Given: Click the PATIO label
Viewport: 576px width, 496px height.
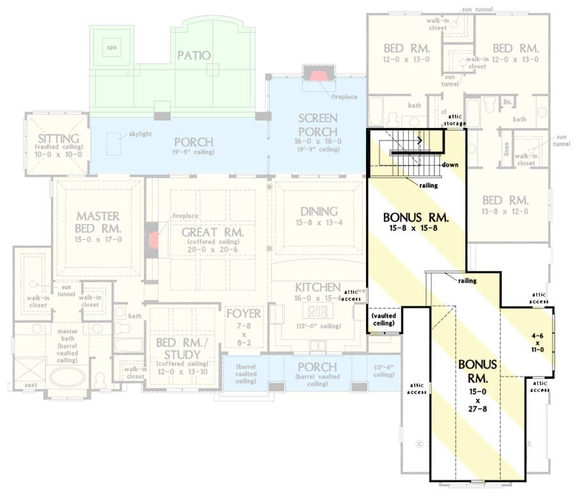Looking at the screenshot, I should point(194,56).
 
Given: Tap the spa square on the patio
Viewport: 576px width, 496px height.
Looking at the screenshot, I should point(112,47).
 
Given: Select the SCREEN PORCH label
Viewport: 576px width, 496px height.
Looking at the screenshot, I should point(317,125).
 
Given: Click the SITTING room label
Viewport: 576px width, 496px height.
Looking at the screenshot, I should point(58,139).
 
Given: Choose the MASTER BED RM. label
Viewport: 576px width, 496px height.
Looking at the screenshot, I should point(98,222).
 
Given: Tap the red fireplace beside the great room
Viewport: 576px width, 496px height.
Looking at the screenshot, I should point(154,240).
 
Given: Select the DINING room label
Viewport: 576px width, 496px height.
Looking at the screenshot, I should point(318,212).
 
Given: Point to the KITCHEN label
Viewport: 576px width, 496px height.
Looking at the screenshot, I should point(317,287).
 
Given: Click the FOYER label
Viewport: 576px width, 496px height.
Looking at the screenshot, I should point(243,314).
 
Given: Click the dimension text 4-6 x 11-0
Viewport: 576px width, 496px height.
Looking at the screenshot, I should point(536,341).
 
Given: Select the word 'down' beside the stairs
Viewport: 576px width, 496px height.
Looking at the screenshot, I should point(450,164).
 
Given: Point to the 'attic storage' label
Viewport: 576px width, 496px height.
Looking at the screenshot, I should point(455,120).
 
